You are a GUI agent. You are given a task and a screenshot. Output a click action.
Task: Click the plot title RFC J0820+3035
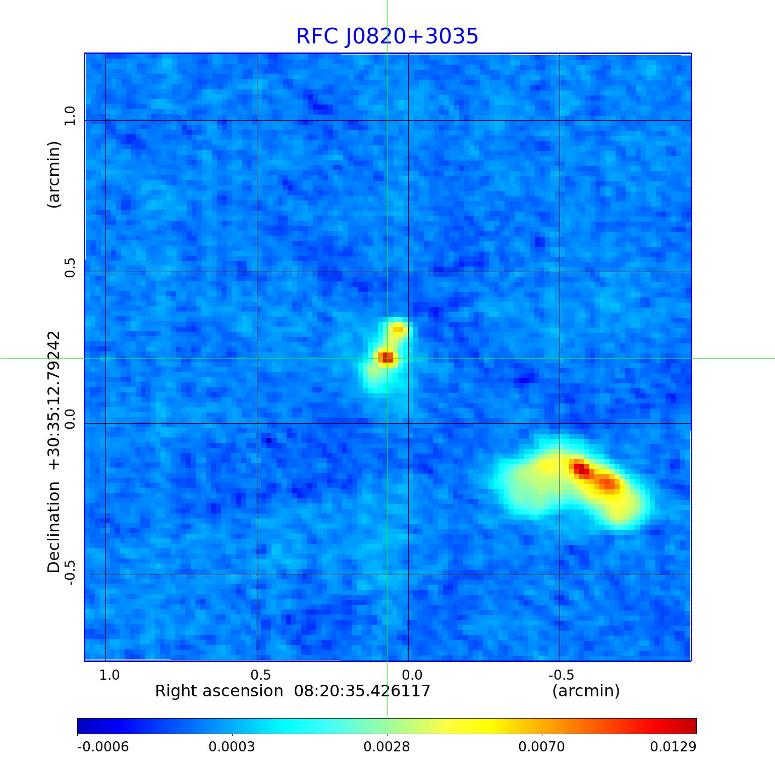click(387, 36)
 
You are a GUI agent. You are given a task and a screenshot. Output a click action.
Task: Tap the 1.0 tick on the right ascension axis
click(109, 675)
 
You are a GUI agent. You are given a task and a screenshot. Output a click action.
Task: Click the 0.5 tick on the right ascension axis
click(260, 675)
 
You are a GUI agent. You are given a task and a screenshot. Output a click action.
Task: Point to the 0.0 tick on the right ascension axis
click(412, 675)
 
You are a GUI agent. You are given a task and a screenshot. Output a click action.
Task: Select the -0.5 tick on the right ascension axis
click(561, 675)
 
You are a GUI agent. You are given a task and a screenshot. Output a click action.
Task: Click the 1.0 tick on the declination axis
click(69, 116)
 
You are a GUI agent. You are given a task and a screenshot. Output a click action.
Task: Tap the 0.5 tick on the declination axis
click(69, 267)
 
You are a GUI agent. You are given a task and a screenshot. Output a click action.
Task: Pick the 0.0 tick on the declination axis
click(69, 419)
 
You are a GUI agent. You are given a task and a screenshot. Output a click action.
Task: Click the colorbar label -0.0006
click(103, 747)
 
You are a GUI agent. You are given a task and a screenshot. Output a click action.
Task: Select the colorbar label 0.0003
click(232, 747)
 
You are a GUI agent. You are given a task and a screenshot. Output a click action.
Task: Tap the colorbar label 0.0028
click(387, 747)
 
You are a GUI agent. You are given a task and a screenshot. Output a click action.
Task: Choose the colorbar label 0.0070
click(542, 747)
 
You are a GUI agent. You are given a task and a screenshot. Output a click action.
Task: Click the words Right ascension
click(219, 691)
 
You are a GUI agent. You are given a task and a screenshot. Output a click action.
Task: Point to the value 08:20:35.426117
click(362, 691)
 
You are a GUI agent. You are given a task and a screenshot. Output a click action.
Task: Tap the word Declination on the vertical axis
click(53, 527)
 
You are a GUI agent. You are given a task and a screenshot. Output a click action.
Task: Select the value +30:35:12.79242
click(53, 400)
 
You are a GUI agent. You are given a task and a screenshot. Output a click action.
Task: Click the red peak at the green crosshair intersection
click(386, 358)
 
